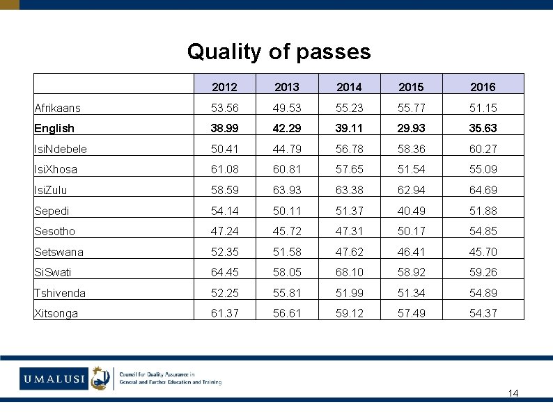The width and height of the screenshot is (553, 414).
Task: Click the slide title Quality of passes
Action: click(279, 51)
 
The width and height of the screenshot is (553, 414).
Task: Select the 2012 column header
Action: click(224, 87)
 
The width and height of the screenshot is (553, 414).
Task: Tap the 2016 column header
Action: click(483, 87)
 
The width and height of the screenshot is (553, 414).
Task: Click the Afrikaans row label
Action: click(58, 108)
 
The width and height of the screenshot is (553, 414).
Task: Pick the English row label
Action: click(54, 128)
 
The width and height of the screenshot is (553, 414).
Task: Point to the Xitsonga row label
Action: click(56, 313)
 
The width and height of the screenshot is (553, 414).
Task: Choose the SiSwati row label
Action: click(53, 272)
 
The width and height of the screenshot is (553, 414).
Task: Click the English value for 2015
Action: click(411, 128)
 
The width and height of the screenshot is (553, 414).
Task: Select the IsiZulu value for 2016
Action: click(483, 190)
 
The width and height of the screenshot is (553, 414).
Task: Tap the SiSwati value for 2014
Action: click(349, 272)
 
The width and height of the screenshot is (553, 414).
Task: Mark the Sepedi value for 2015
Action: click(411, 211)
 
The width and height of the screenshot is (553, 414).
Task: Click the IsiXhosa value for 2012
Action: click(224, 169)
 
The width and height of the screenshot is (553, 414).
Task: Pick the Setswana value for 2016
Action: click(483, 252)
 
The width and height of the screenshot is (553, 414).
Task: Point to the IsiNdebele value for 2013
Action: click(287, 149)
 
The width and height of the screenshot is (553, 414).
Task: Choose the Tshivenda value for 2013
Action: click(287, 293)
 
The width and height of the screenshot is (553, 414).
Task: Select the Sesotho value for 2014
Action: click(349, 231)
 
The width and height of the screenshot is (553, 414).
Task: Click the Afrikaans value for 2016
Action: click(483, 108)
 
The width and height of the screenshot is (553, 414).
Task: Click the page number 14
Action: click(513, 394)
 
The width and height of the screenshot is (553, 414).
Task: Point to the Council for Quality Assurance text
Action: click(171, 378)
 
